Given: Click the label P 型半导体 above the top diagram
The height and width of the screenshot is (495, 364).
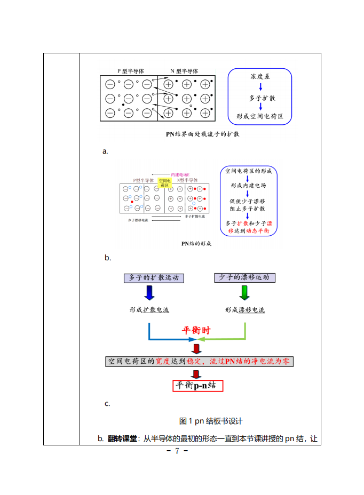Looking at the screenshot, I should [x=131, y=71].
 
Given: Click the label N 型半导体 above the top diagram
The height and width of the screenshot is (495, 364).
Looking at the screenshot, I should [x=184, y=71].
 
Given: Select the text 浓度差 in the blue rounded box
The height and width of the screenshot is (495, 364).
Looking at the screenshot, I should [x=260, y=77].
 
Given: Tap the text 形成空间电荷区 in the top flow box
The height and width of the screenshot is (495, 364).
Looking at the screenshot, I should [x=260, y=116].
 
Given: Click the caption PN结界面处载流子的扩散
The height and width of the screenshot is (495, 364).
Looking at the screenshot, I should [x=203, y=134].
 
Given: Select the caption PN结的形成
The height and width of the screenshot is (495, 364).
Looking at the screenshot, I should [x=196, y=244].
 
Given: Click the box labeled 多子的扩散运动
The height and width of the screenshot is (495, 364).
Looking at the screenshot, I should [x=154, y=278].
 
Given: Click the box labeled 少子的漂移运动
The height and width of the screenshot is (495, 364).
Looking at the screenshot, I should [x=245, y=278].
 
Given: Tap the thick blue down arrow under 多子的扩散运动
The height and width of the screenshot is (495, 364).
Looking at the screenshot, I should [x=149, y=293].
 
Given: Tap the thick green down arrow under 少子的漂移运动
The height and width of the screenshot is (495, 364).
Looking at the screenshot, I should [x=244, y=293].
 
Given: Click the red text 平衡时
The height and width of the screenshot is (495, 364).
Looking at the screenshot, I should [x=197, y=330].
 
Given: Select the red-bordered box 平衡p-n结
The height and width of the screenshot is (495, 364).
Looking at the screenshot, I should [x=197, y=385].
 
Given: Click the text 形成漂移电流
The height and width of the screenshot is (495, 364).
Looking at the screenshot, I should [x=244, y=310].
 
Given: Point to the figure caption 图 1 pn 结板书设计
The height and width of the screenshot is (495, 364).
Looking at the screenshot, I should [x=211, y=421].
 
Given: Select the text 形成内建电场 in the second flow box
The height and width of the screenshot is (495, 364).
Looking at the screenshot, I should [x=248, y=186].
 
